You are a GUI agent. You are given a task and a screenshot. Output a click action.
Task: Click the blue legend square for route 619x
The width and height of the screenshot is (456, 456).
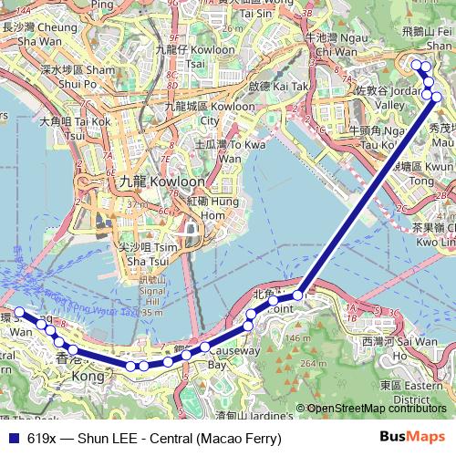tap(10, 439)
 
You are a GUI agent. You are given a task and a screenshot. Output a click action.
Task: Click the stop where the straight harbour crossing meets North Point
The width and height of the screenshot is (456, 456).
tap(298, 296)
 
